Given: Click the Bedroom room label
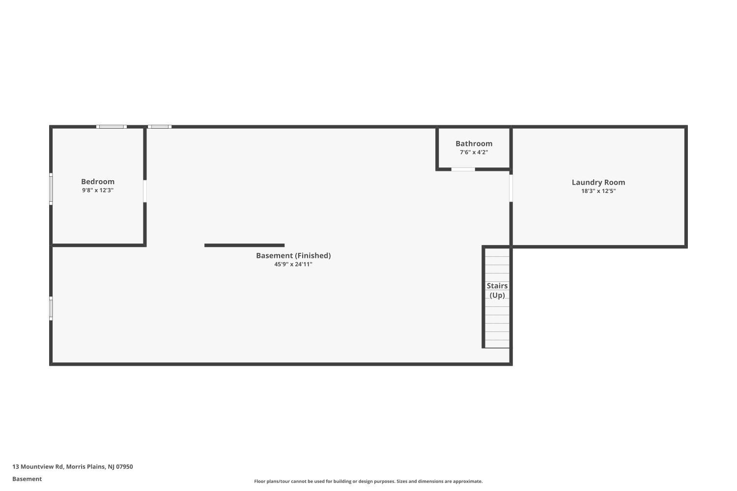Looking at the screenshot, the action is pyautogui.click(x=98, y=182).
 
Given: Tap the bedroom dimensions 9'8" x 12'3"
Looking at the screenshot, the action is pyautogui.click(x=98, y=190).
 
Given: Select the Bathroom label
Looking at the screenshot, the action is pyautogui.click(x=474, y=143).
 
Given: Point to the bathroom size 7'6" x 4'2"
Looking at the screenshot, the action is pyautogui.click(x=474, y=152).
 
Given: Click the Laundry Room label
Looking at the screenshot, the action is pyautogui.click(x=598, y=183).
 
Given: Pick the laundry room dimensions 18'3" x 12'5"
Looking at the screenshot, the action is pyautogui.click(x=598, y=191).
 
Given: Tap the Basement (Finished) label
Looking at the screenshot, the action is pyautogui.click(x=293, y=255).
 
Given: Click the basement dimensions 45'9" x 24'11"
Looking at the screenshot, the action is pyautogui.click(x=293, y=264).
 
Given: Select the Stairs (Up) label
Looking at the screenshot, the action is pyautogui.click(x=497, y=290).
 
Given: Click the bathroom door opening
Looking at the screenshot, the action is pyautogui.click(x=463, y=169).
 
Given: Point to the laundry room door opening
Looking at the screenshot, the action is pyautogui.click(x=511, y=188).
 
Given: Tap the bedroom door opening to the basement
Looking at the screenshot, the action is pyautogui.click(x=145, y=191).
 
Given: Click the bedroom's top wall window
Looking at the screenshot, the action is pyautogui.click(x=112, y=127).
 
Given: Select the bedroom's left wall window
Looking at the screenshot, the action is pyautogui.click(x=51, y=189).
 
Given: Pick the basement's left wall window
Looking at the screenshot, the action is pyautogui.click(x=51, y=308).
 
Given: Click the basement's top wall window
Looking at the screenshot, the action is pyautogui.click(x=160, y=127).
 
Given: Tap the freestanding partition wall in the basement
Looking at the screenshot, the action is pyautogui.click(x=245, y=245).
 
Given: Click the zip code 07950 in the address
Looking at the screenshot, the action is pyautogui.click(x=124, y=466).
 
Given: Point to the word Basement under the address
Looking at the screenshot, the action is pyautogui.click(x=27, y=479).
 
